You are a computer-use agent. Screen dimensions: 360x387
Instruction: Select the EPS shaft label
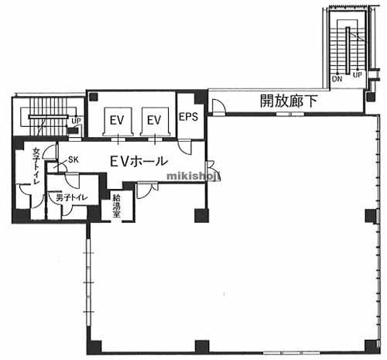[x=189, y=118]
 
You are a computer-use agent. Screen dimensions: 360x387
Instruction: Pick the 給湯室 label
[x=116, y=205]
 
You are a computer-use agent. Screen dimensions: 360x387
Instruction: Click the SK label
[x=74, y=159]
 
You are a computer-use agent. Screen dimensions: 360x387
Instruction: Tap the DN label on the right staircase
[x=337, y=79]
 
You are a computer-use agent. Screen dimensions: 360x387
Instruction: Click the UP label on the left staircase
[x=76, y=122]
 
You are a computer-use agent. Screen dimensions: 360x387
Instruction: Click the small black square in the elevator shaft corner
[x=93, y=97]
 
